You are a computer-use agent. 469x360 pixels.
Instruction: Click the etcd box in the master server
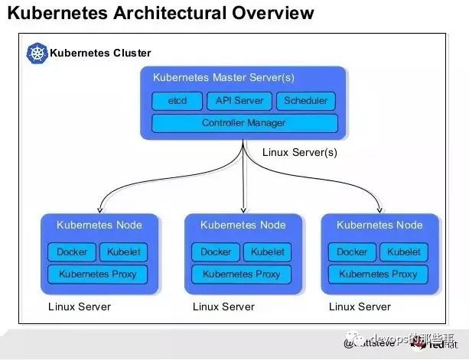(x=177, y=101)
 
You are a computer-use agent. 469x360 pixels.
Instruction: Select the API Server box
(x=239, y=101)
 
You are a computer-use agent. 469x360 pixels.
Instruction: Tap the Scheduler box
(x=305, y=101)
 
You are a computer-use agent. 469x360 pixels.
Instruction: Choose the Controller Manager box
(x=244, y=123)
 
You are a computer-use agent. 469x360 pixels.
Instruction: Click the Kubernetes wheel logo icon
(x=37, y=53)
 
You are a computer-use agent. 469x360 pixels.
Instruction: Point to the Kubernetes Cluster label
(x=100, y=54)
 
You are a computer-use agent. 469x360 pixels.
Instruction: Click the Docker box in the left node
(x=72, y=252)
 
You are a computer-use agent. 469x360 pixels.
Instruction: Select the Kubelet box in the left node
(x=122, y=252)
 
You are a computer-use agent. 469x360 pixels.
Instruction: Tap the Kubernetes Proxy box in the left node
(x=97, y=274)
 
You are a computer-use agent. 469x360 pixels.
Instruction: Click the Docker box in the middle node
(x=216, y=252)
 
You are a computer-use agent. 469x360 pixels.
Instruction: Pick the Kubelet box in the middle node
(x=266, y=252)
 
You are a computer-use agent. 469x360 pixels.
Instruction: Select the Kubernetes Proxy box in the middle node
(x=241, y=274)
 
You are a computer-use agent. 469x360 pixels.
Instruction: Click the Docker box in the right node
(x=352, y=252)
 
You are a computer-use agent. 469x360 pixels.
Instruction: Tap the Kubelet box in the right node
(x=402, y=252)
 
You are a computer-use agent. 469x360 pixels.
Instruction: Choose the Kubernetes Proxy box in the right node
(x=378, y=274)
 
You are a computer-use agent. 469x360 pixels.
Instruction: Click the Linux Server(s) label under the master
(x=299, y=152)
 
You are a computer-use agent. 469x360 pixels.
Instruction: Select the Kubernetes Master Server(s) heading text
(x=223, y=78)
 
